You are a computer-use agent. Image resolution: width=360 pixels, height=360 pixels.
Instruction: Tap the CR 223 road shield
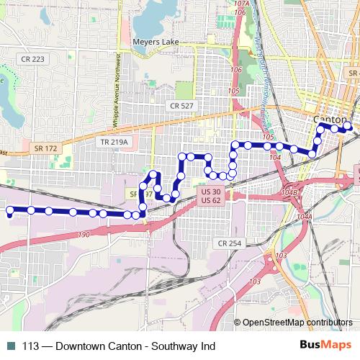click(32, 59)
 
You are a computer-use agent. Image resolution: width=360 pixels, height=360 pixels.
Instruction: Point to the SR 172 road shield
click(45, 148)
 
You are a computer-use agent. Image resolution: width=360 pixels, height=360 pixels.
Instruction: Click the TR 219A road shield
click(114, 143)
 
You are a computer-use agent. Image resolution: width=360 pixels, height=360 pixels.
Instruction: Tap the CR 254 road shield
click(230, 243)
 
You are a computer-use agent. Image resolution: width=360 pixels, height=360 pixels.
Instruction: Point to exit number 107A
click(242, 4)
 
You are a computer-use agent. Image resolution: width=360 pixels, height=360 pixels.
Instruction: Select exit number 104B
click(289, 193)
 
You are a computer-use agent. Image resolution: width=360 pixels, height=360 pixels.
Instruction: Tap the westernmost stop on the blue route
click(10, 211)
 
